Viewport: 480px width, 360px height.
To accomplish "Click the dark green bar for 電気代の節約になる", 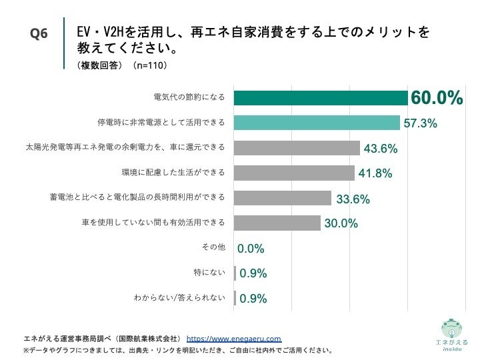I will click(x=321, y=98).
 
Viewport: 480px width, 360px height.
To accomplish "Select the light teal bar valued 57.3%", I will click(x=317, y=123).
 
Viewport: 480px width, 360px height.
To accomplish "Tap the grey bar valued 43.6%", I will click(x=297, y=147).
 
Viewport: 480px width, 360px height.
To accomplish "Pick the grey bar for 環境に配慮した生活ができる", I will click(x=295, y=173).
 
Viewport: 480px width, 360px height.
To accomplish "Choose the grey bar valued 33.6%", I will click(x=283, y=198).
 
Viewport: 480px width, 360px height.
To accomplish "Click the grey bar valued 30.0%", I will click(x=277, y=223).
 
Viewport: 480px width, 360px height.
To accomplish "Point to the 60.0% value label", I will click(x=436, y=98).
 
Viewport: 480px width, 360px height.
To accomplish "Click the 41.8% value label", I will click(x=375, y=173).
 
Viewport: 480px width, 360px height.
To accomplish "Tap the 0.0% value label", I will click(x=251, y=249).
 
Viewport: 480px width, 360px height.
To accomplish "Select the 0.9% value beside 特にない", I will click(x=253, y=273).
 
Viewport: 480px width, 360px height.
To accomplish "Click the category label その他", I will click(x=213, y=247).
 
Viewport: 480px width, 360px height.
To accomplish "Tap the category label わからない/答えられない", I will click(x=179, y=297).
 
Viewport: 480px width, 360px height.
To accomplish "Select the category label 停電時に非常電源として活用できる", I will click(x=161, y=123).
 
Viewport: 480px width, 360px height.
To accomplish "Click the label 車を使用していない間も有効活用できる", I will click(x=153, y=222).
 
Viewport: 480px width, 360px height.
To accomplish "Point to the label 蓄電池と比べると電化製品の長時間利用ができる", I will click(x=137, y=197).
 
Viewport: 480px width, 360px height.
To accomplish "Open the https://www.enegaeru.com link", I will click(x=233, y=338).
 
